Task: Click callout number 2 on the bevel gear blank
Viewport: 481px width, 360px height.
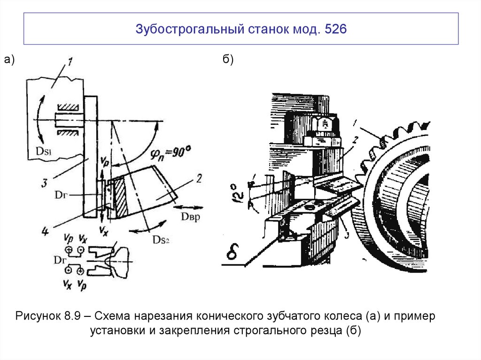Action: tap(199, 179)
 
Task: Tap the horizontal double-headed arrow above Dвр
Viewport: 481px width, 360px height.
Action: tap(190, 207)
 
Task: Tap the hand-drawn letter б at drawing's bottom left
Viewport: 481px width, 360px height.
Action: tap(233, 254)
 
